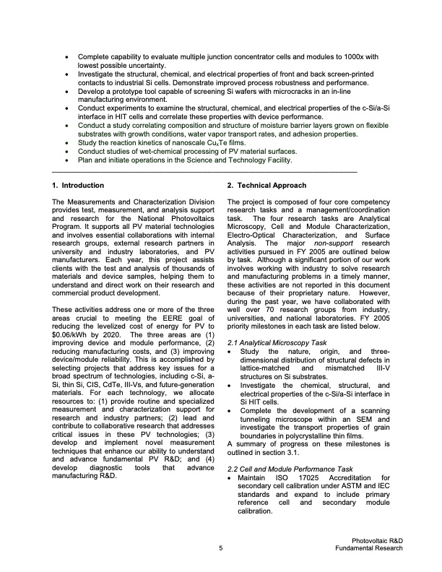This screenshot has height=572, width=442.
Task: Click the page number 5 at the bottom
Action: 220,549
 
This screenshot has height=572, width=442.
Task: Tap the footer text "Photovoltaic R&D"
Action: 376,540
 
